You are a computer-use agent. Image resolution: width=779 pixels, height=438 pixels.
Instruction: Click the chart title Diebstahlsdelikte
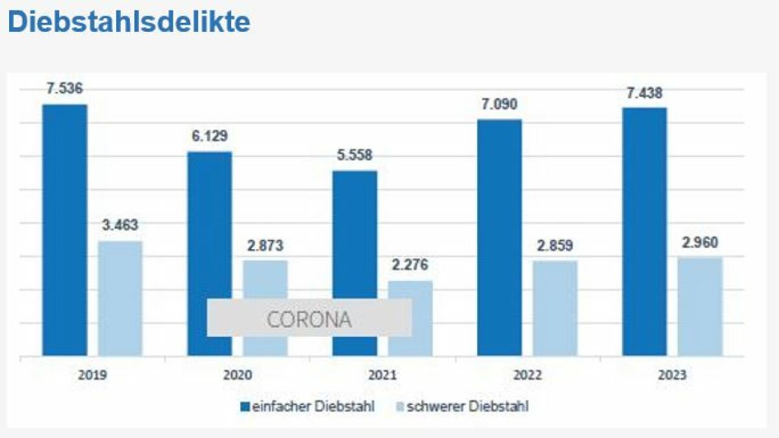tap(129, 22)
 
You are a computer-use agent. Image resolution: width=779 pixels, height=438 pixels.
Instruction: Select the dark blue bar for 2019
tap(65, 230)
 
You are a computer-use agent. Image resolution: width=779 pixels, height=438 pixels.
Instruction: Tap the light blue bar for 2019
tap(120, 298)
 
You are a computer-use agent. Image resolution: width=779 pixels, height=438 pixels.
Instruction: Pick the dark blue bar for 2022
tap(499, 237)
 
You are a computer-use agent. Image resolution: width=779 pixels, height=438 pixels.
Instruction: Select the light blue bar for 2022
tap(555, 308)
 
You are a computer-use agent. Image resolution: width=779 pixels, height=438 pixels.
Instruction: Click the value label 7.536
tap(64, 89)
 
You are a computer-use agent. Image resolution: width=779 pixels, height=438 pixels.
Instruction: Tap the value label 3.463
tap(120, 226)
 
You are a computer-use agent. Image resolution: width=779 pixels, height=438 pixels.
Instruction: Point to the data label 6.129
tap(209, 136)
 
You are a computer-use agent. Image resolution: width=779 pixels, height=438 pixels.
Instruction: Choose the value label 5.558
tap(354, 156)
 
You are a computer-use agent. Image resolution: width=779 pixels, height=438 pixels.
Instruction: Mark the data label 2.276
tap(410, 265)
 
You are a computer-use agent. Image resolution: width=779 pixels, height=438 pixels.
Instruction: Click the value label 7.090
tap(499, 104)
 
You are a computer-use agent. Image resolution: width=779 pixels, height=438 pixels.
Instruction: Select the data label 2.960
tap(700, 243)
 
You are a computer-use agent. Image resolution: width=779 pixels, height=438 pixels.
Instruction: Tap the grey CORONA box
tap(309, 318)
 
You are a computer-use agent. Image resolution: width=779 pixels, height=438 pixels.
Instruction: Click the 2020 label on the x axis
tap(238, 375)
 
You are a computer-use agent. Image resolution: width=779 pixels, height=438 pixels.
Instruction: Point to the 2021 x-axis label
tap(383, 375)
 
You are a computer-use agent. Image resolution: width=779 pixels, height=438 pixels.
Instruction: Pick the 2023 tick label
tap(673, 375)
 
